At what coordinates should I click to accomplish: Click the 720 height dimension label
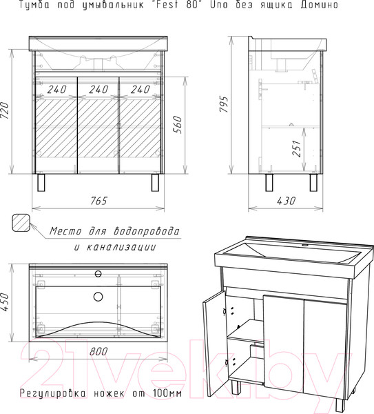(x=6, y=110)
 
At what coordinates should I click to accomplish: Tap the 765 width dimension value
(x=98, y=201)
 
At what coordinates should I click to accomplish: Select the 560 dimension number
(x=178, y=125)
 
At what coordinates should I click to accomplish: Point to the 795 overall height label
(x=224, y=103)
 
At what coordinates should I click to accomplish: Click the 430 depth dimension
(x=286, y=201)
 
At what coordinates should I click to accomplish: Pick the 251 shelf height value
(x=296, y=148)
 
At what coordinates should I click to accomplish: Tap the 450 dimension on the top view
(x=6, y=302)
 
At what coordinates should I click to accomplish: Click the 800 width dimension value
(x=98, y=351)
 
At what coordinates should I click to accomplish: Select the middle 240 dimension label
(x=98, y=90)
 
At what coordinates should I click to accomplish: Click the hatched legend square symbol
(x=21, y=223)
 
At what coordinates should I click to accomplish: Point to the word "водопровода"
(x=147, y=231)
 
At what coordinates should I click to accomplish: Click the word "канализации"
(x=121, y=247)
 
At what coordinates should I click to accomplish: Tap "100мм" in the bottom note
(x=167, y=393)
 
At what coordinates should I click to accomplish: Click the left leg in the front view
(x=41, y=182)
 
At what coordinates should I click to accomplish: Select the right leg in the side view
(x=313, y=182)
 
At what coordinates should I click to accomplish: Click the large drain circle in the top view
(x=98, y=297)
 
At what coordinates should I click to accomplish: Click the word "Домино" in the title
(x=319, y=5)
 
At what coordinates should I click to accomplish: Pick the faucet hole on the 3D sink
(x=305, y=245)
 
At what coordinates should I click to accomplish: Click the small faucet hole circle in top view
(x=98, y=274)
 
